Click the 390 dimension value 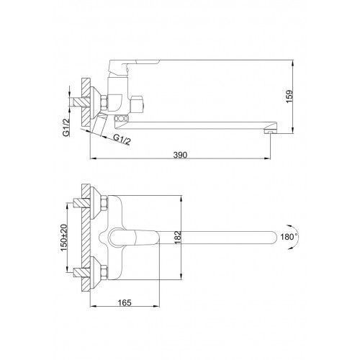click(180, 155)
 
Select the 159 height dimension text click(289, 96)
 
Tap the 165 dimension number click(125, 302)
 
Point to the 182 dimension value click(177, 238)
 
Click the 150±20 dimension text click(63, 238)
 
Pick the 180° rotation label click(289, 237)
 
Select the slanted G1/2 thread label click(122, 139)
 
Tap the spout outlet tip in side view click(270, 131)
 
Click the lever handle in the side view click(135, 63)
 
